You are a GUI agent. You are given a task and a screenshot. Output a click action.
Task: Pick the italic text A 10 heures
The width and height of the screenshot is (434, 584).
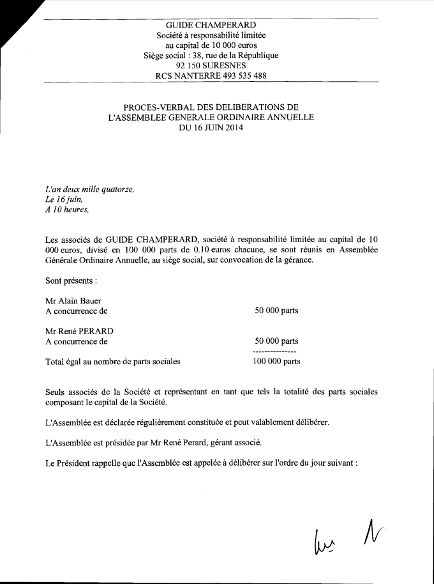tap(68, 210)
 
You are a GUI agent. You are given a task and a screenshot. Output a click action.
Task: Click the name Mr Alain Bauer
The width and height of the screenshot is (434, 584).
tap(73, 301)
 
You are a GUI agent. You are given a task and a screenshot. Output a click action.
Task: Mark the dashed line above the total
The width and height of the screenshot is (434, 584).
tap(274, 352)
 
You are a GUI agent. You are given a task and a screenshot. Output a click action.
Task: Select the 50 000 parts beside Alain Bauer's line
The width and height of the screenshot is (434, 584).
tap(276, 311)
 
